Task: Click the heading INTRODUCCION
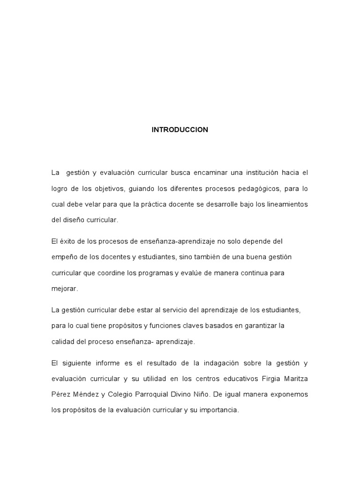point(180,130)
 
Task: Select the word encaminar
point(210,173)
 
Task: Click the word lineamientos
point(285,204)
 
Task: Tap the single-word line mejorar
point(64,288)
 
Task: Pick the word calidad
point(62,341)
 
